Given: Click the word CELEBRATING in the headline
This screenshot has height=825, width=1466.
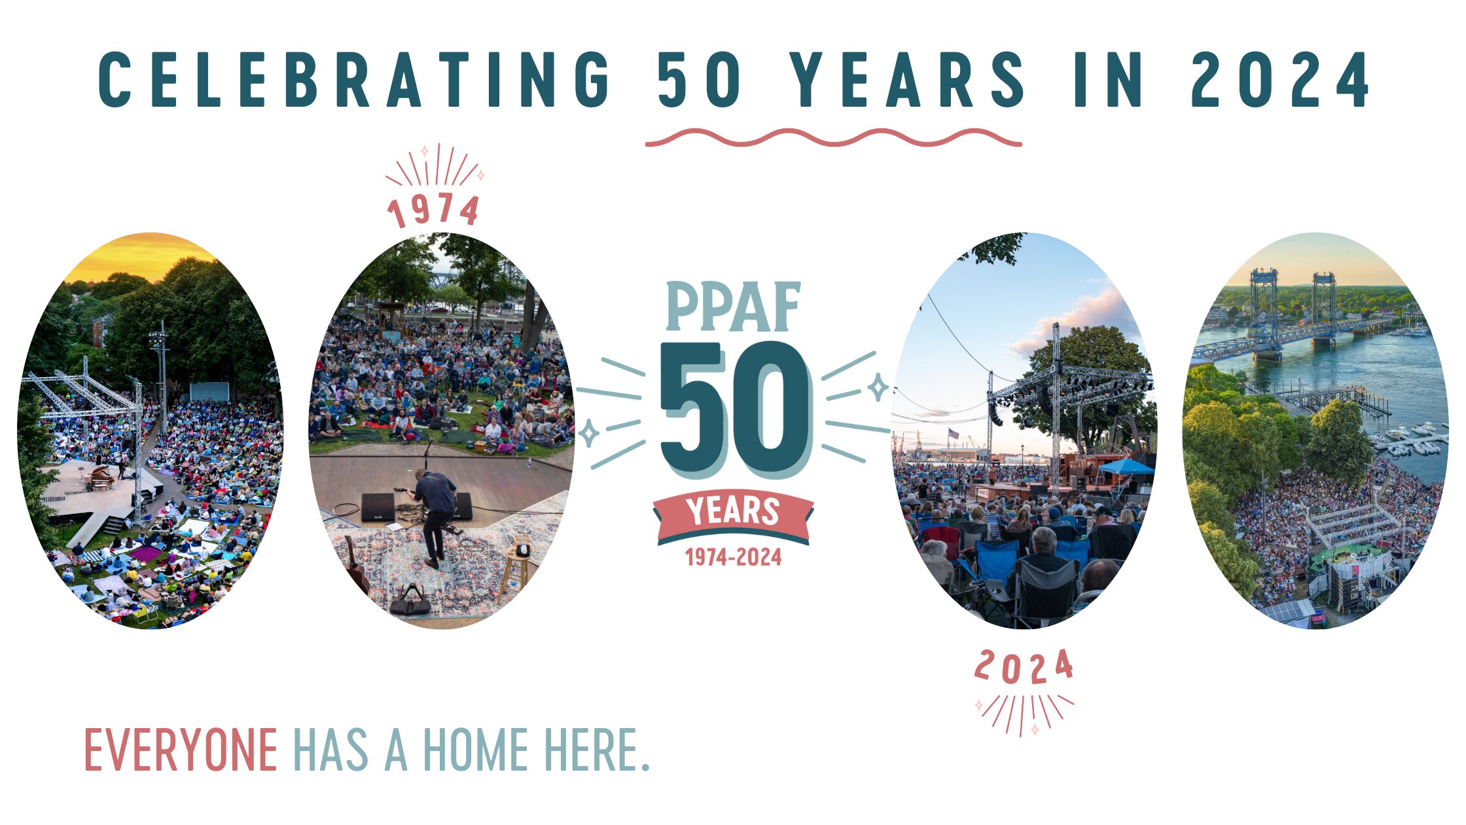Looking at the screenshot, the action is pos(354,79).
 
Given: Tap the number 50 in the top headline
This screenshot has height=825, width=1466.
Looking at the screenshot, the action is pos(699,79).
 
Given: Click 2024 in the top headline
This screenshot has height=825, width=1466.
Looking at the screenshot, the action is pos(1280,79).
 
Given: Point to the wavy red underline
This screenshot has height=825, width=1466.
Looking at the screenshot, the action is pos(833,137).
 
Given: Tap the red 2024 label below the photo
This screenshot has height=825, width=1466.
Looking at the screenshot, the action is pos(1024,667).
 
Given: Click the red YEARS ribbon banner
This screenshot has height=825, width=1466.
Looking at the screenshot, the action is pos(733,515).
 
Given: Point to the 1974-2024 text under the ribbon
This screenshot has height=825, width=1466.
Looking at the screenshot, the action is pos(733,557).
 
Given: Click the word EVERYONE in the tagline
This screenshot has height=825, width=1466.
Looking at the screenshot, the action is pos(181,750).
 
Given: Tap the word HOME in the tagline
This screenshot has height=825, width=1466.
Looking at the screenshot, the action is pos(475,750).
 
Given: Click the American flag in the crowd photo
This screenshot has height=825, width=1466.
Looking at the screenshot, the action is pos(953,433).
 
